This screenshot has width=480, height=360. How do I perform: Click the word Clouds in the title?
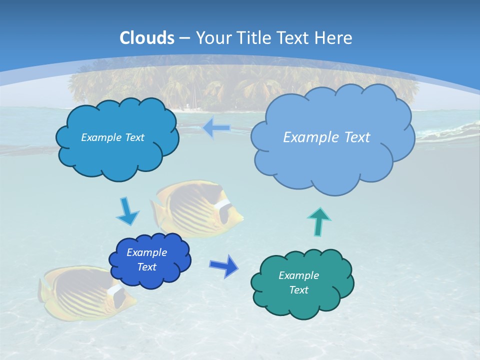tap(146, 37)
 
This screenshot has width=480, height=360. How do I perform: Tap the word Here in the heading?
tap(334, 37)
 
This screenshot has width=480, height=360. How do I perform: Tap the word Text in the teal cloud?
tap(298, 290)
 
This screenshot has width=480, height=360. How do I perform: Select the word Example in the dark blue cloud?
tap(146, 252)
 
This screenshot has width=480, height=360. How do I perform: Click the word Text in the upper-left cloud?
tap(134, 137)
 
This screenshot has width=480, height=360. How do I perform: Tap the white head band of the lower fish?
tap(114, 289)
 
